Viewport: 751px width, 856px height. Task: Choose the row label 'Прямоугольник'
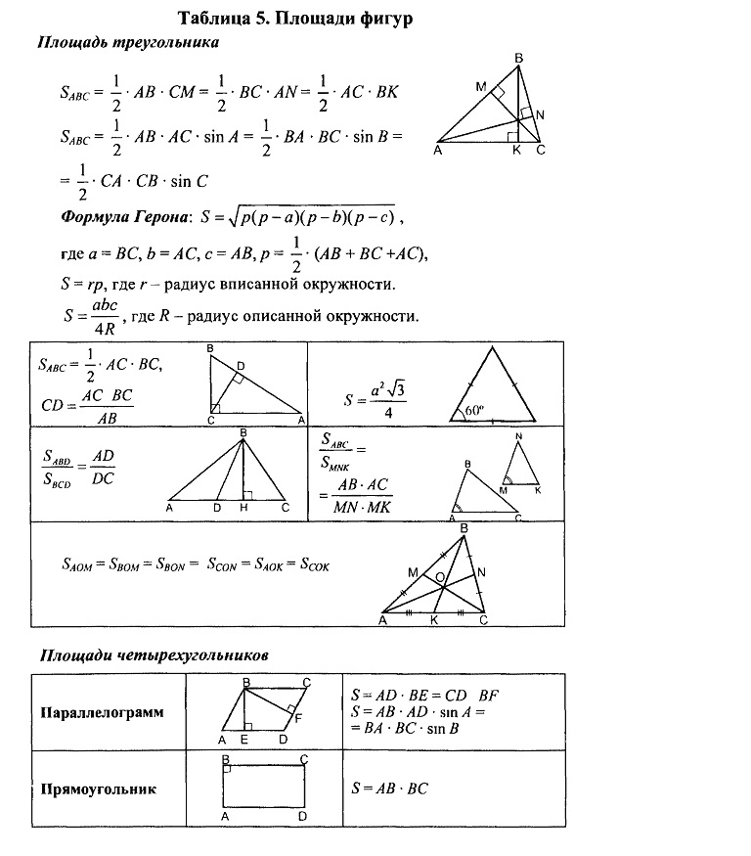click(x=98, y=788)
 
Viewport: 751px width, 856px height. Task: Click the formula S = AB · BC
click(x=389, y=788)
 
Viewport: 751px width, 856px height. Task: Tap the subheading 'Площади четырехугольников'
click(x=153, y=654)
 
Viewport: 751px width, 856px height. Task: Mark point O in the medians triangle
click(x=441, y=578)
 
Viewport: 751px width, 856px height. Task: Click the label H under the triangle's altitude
click(x=242, y=508)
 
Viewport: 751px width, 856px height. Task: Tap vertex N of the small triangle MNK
click(x=518, y=436)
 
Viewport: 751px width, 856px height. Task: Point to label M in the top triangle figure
click(x=481, y=87)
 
